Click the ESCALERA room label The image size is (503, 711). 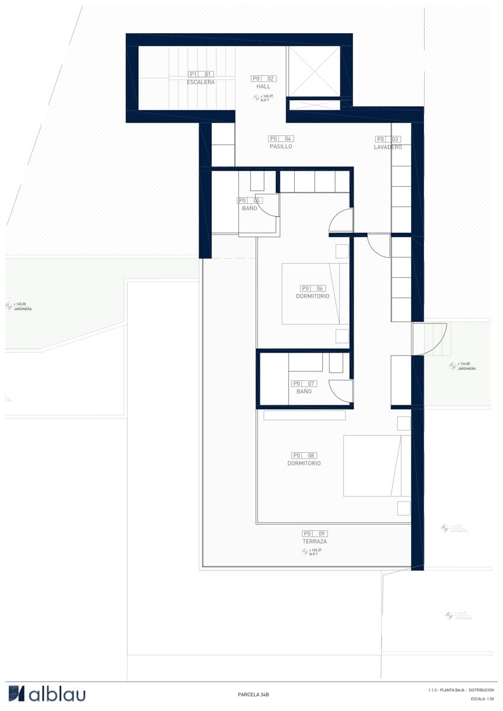(200, 82)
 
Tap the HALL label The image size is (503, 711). (263, 87)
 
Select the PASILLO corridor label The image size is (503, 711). (281, 146)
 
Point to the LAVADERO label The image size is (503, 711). (388, 147)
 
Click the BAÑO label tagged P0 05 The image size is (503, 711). (249, 209)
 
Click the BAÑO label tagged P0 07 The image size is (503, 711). (304, 392)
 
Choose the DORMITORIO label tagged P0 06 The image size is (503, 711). (313, 296)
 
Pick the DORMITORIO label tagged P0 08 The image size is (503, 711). (304, 463)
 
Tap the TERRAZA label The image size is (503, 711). (314, 542)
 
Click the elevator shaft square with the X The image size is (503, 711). (314, 70)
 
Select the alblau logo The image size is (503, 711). (47, 694)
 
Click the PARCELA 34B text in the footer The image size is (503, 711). (253, 694)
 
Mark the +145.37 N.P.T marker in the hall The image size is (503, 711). (263, 98)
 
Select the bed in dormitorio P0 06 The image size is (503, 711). (315, 294)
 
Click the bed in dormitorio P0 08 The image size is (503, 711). (377, 466)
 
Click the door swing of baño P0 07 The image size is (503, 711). (342, 391)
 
